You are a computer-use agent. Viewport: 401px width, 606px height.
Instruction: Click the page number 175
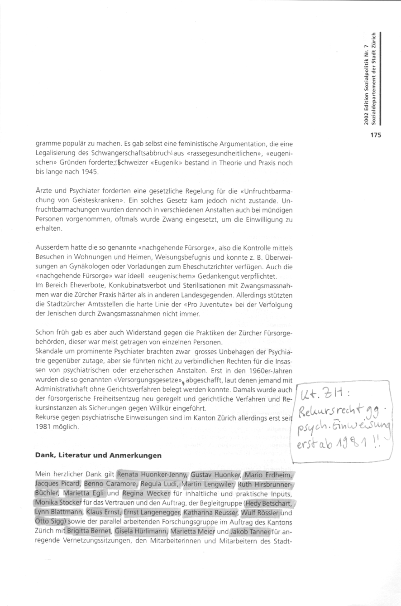pos(376,135)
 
